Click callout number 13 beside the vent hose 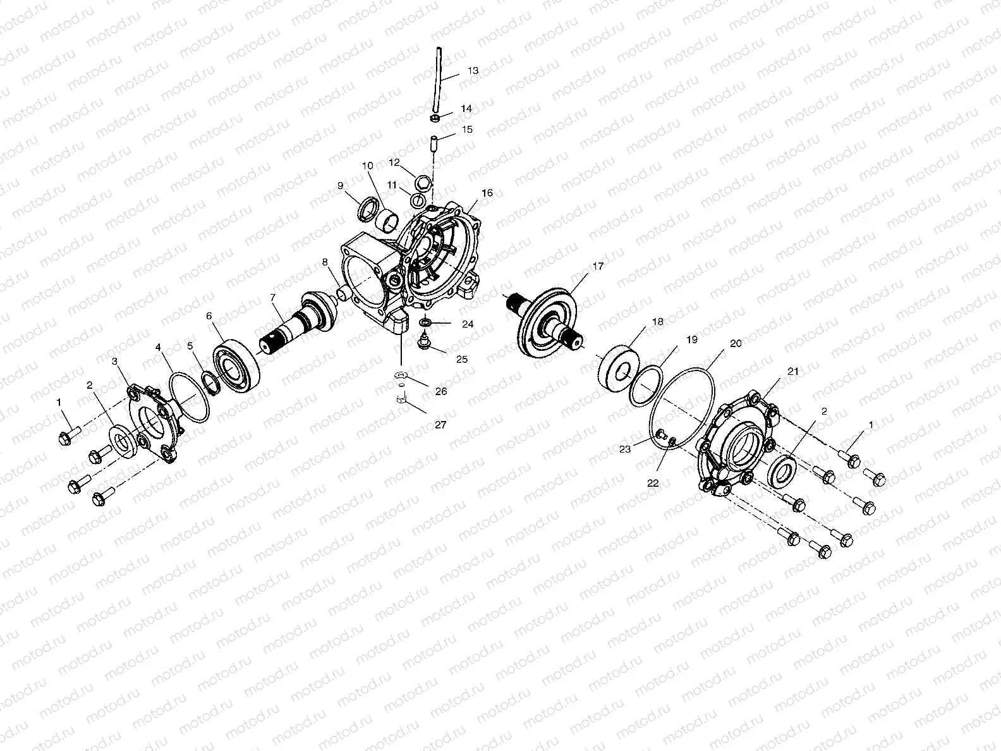[473, 71]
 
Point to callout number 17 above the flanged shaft [598, 267]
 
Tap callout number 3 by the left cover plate [114, 361]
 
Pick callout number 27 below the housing [440, 425]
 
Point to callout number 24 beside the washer [467, 324]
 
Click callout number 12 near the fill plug [394, 162]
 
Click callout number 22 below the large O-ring [653, 482]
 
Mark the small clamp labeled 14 [434, 118]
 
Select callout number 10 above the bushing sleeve [367, 166]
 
